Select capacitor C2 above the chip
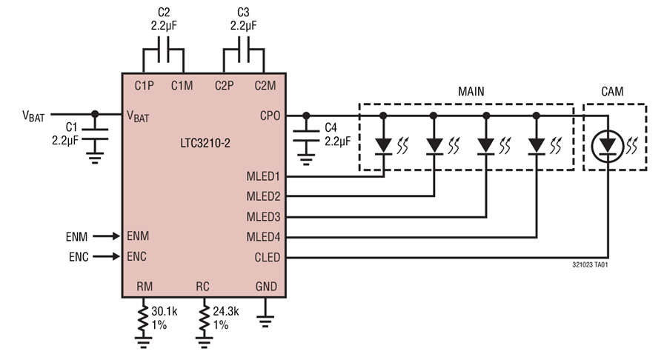tap(165, 55)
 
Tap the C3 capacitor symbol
tap(245, 55)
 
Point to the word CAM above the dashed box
tap(612, 92)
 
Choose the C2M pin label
tap(264, 85)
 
